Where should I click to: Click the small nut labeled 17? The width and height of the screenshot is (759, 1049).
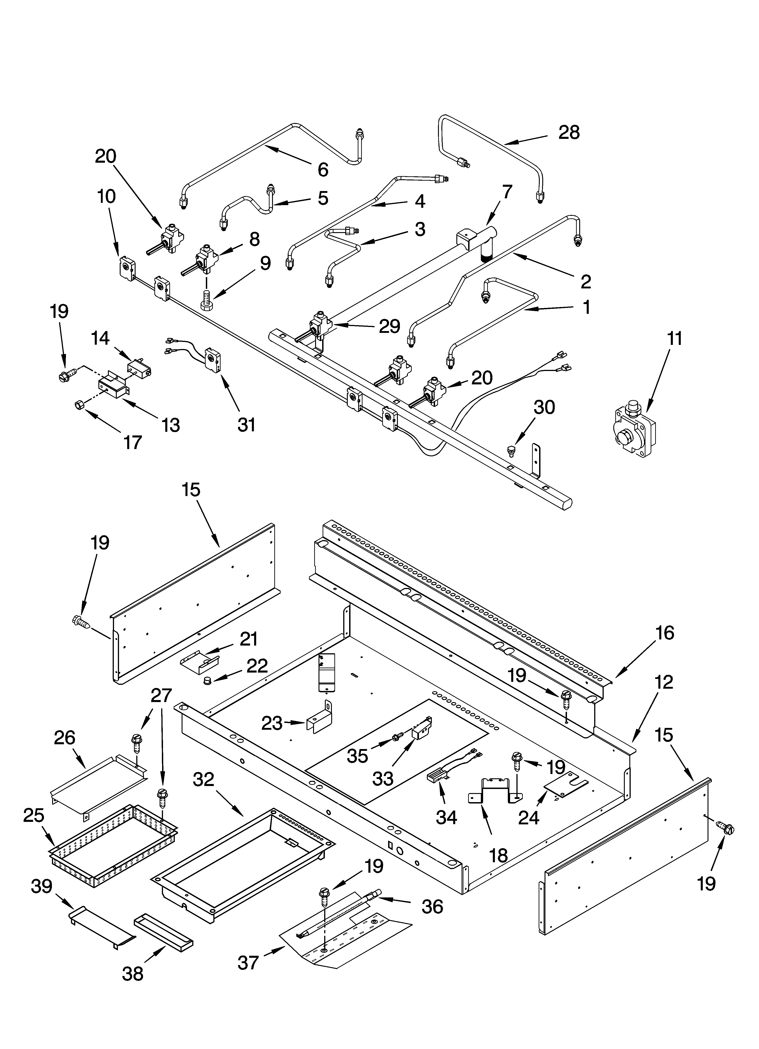point(79,405)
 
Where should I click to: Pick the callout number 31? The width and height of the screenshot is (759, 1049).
point(246,424)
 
